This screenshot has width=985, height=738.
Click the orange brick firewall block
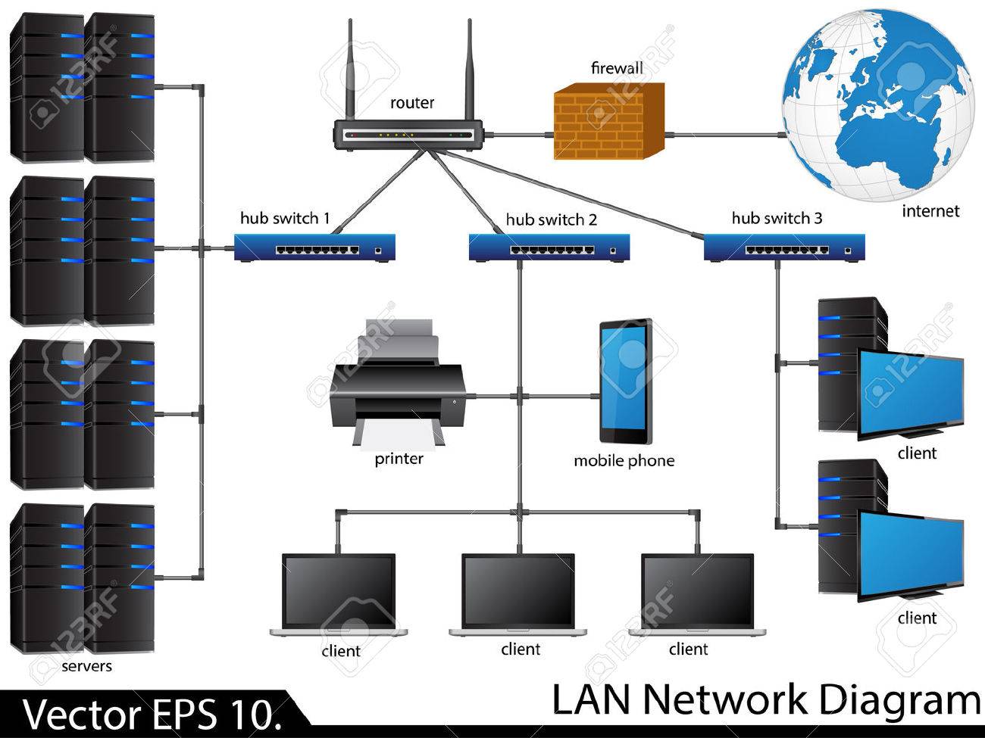(609, 121)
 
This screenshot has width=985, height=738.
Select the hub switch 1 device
(314, 248)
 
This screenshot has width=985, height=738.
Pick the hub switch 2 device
(549, 248)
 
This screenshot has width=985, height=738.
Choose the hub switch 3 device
(784, 248)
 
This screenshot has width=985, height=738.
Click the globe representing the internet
(878, 106)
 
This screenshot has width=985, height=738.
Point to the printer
(398, 385)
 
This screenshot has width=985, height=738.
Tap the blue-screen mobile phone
(626, 381)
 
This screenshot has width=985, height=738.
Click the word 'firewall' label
(617, 68)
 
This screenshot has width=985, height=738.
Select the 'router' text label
(412, 103)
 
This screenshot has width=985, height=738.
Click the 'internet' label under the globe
(930, 211)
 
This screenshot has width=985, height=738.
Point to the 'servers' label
(86, 666)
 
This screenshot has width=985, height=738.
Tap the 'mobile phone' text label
(624, 461)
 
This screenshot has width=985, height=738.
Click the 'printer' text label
(399, 459)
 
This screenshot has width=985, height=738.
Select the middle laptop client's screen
(518, 591)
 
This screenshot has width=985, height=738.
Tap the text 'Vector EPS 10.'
(152, 715)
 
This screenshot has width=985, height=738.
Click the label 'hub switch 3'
(777, 218)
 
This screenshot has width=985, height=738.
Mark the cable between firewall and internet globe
(726, 135)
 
